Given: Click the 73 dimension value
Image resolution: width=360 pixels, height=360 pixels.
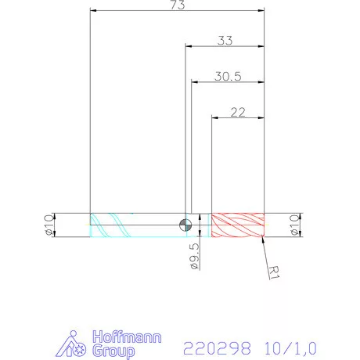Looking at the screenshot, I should pos(178,6).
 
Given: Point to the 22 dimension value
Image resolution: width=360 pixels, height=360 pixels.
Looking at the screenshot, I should pos(239,112).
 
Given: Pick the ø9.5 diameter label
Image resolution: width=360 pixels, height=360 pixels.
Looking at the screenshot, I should pos(194,256).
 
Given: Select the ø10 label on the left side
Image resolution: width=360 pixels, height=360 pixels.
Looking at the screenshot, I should pos(49,225).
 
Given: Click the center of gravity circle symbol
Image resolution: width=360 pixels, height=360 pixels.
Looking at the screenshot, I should pos(185,225).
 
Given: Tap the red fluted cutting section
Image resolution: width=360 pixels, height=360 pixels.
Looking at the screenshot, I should pos(239,225).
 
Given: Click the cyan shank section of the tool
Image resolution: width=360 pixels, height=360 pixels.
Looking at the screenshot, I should pos(137,225).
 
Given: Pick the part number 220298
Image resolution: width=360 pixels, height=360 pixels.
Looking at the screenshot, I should pos(211,346).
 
